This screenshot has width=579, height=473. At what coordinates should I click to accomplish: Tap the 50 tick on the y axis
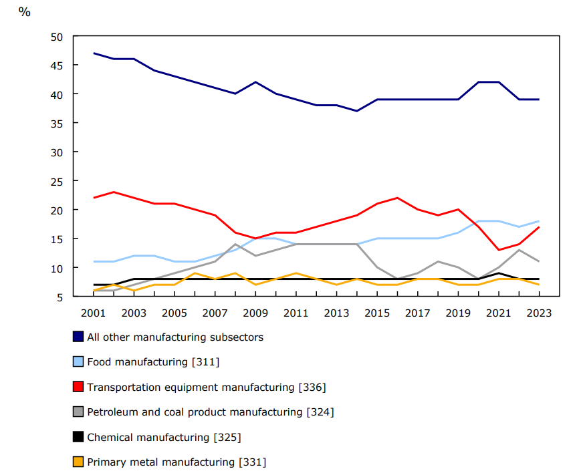click(57, 37)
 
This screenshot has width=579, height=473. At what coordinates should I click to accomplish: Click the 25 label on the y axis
click(57, 181)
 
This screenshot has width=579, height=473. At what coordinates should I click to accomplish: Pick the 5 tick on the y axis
click(60, 297)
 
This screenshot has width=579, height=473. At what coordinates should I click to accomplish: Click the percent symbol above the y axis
click(25, 12)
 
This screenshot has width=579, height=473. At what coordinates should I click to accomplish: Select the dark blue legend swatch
click(78, 337)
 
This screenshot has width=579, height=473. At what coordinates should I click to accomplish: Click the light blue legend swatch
click(78, 361)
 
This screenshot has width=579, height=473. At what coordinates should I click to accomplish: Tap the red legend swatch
click(78, 387)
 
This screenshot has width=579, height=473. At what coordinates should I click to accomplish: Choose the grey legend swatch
click(78, 412)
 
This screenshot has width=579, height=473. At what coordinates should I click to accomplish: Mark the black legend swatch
click(78, 437)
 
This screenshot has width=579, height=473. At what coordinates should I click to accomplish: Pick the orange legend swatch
click(78, 462)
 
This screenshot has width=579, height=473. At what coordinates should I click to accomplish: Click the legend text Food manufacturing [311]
click(153, 362)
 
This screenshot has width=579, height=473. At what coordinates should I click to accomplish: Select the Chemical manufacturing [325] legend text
click(164, 438)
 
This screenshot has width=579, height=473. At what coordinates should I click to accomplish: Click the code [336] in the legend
click(312, 387)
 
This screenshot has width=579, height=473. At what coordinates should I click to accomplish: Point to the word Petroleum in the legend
click(112, 412)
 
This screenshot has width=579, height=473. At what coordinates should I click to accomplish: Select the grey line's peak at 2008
click(235, 244)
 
